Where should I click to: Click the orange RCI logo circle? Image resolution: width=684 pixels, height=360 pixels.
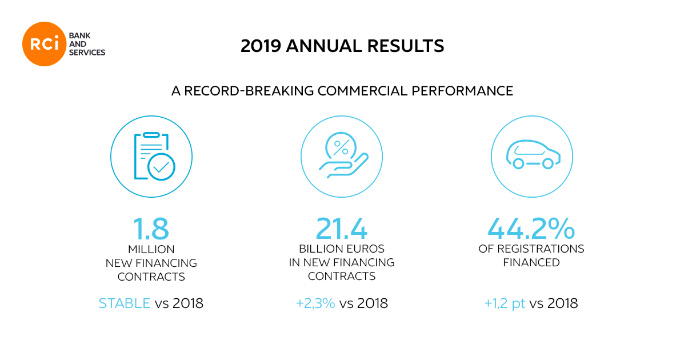click(x=45, y=44)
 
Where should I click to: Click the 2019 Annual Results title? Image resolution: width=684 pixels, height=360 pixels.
click(x=342, y=46)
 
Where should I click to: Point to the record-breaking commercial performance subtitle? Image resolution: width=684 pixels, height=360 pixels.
click(x=342, y=90)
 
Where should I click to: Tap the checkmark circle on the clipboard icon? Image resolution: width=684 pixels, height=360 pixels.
click(x=161, y=166)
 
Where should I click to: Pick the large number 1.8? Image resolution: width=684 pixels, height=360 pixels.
click(x=151, y=229)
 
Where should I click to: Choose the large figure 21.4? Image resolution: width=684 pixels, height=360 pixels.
click(x=342, y=229)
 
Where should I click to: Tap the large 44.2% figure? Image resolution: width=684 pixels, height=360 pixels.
click(x=531, y=229)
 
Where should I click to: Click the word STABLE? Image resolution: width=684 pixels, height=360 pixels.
click(x=125, y=303)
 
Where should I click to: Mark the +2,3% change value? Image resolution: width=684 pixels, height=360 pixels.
click(x=315, y=303)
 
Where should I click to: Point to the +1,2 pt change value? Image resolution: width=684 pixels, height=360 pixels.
click(x=505, y=303)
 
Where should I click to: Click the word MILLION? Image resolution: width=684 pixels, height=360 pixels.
click(x=151, y=249)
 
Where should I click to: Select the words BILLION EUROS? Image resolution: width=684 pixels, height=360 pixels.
click(x=342, y=249)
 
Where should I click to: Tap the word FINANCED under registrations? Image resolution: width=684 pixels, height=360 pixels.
click(x=531, y=263)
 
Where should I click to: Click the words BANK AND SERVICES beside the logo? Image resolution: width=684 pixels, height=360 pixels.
click(x=86, y=44)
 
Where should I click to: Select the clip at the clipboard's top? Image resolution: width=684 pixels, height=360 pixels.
click(x=151, y=135)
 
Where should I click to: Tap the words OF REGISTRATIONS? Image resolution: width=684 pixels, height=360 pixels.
click(x=531, y=249)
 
